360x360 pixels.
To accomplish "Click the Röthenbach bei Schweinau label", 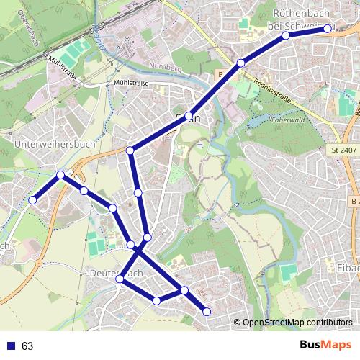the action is (x=302, y=19).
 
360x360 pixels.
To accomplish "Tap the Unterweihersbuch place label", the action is (x=54, y=144).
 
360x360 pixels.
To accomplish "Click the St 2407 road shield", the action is (x=343, y=150).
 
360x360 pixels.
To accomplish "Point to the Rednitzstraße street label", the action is (x=271, y=94).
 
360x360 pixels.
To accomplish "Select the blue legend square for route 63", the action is (x=11, y=346).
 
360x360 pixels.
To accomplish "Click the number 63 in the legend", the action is (x=27, y=346).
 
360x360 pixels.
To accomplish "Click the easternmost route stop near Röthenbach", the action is (x=328, y=29).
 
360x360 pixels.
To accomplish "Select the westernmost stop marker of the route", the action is (x=32, y=199).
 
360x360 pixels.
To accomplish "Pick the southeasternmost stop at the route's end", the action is (x=207, y=311).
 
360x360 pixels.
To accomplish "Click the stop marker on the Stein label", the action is (x=189, y=116).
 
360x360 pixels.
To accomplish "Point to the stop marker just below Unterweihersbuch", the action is (x=61, y=175).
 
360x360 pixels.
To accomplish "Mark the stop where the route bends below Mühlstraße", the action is (x=130, y=150).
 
